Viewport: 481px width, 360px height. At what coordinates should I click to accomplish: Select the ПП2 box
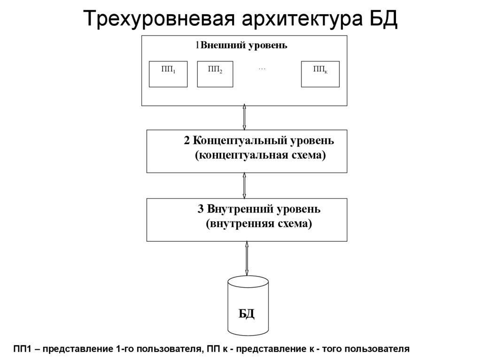215,74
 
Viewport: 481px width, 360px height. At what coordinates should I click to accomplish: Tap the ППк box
320,74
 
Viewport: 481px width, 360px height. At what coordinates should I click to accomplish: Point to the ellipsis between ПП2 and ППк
262,69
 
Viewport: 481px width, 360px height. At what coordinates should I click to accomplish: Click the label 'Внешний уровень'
244,46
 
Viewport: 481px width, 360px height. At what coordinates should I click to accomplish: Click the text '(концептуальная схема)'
260,155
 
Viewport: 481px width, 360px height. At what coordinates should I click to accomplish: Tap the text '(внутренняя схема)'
259,223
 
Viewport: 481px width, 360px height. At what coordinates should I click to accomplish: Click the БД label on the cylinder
247,314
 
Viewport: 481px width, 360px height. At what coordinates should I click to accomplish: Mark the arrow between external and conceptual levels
244,117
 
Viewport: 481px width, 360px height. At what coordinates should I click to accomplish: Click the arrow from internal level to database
247,258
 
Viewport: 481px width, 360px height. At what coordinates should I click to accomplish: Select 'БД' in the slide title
382,20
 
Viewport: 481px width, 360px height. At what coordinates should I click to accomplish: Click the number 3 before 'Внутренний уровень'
200,208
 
